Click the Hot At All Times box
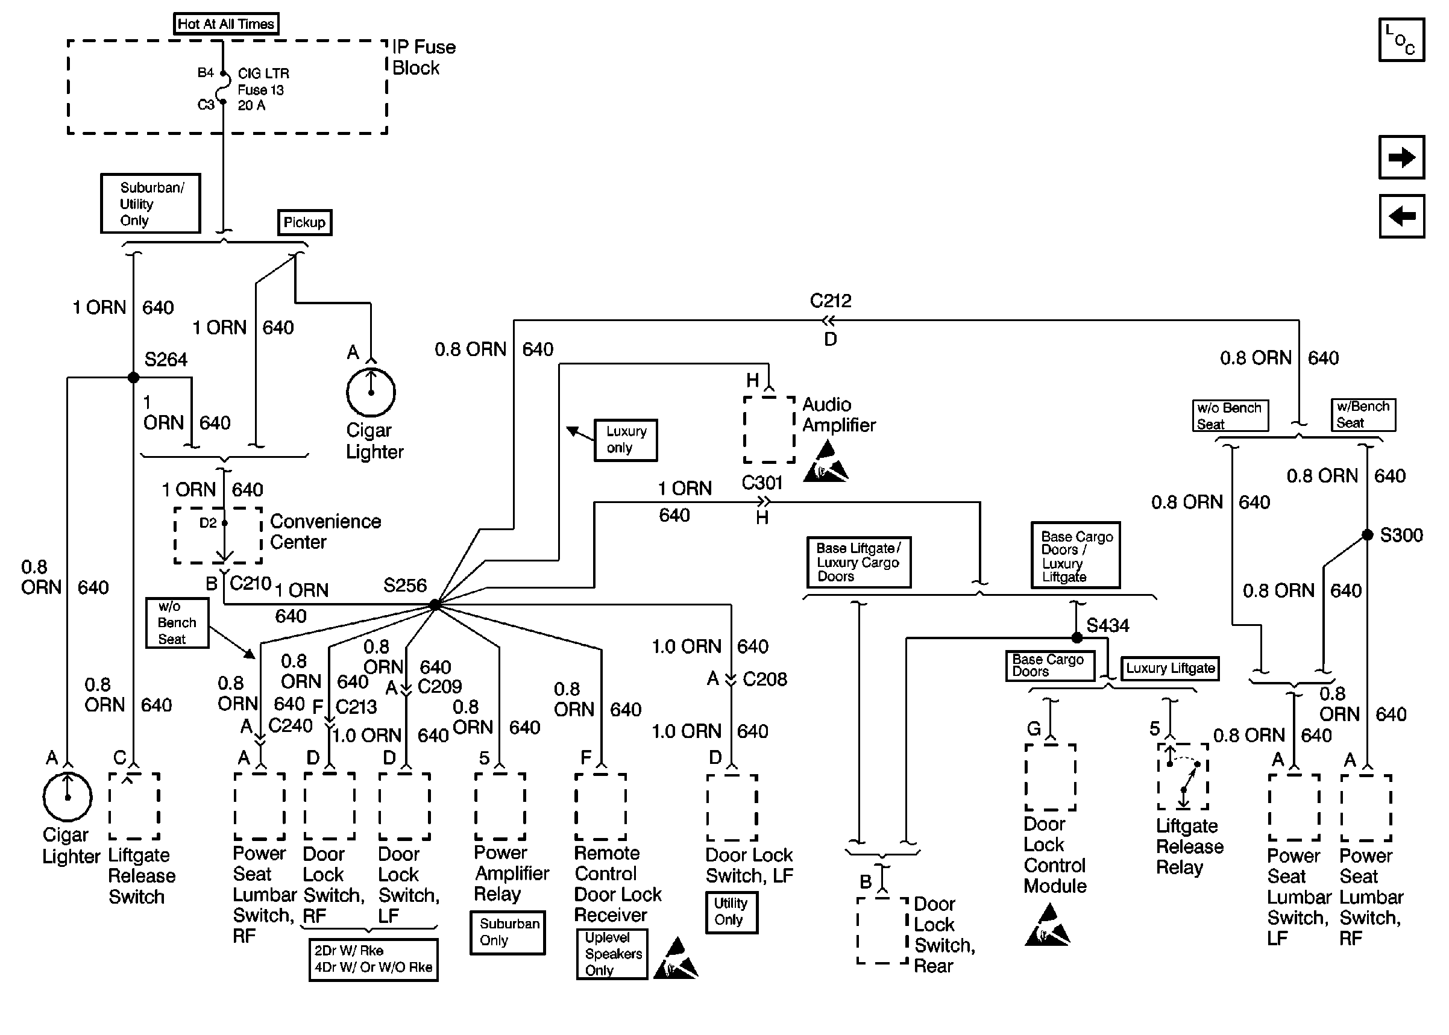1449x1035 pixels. pyautogui.click(x=225, y=24)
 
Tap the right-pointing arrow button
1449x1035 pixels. pyautogui.click(x=1401, y=157)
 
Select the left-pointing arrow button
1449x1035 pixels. pyautogui.click(x=1401, y=216)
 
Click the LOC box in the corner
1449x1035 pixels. pyautogui.click(x=1401, y=40)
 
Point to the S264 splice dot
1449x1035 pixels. pyautogui.click(x=133, y=378)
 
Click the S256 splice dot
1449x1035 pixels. pyautogui.click(x=435, y=604)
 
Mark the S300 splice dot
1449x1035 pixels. pyautogui.click(x=1368, y=535)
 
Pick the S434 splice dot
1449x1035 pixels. pyautogui.click(x=1077, y=637)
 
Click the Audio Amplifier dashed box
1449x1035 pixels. pyautogui.click(x=769, y=429)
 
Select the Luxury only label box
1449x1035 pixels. pyautogui.click(x=626, y=440)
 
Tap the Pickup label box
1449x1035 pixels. pyautogui.click(x=305, y=222)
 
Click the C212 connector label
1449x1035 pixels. pyautogui.click(x=831, y=301)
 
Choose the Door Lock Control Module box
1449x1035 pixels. pyautogui.click(x=1051, y=777)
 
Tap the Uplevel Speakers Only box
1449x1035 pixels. pyautogui.click(x=612, y=954)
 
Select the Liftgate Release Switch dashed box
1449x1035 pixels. pyautogui.click(x=134, y=806)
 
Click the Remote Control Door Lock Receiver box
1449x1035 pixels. pyautogui.click(x=600, y=807)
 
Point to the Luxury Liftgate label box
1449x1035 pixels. pyautogui.click(x=1170, y=669)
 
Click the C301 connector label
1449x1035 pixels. pyautogui.click(x=762, y=483)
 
